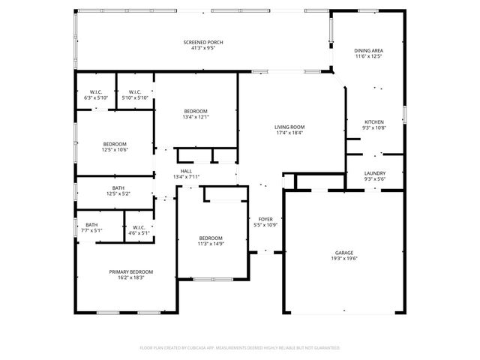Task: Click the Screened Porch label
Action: click(x=203, y=42)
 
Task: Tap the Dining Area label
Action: click(x=368, y=51)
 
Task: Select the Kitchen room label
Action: click(x=373, y=122)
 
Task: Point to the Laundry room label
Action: click(x=373, y=173)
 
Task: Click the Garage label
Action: click(x=345, y=253)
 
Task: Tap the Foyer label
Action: click(x=266, y=219)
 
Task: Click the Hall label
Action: click(x=186, y=171)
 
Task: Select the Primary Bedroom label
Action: click(x=131, y=271)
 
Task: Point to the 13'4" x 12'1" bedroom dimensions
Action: click(x=196, y=117)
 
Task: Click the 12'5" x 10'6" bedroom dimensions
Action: click(x=115, y=149)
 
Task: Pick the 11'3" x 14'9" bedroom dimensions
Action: click(x=211, y=243)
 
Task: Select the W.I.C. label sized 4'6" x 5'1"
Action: click(x=139, y=232)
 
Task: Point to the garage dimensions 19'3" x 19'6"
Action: click(x=345, y=259)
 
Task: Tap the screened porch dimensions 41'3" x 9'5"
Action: click(x=203, y=48)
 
